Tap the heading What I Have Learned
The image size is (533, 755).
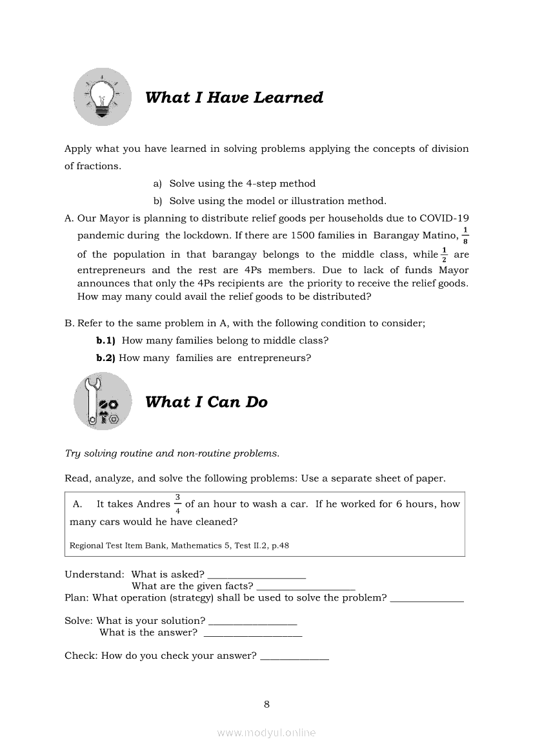pyautogui.click(x=234, y=98)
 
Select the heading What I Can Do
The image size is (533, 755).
pyautogui.click(x=206, y=402)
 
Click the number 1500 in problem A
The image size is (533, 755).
pyautogui.click(x=303, y=235)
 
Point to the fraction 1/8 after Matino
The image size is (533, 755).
pyautogui.click(x=466, y=235)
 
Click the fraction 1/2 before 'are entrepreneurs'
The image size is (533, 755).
pyautogui.click(x=444, y=254)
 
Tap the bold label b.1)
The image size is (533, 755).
pyautogui.click(x=106, y=340)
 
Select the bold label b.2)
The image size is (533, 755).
pyautogui.click(x=106, y=358)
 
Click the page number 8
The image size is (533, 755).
pyautogui.click(x=266, y=705)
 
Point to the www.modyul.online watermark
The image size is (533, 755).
pyautogui.click(x=266, y=733)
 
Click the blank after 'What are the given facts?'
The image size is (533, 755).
pyautogui.click(x=306, y=587)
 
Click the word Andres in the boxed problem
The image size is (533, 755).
pyautogui.click(x=154, y=504)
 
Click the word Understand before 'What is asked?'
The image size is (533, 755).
pyautogui.click(x=94, y=574)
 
